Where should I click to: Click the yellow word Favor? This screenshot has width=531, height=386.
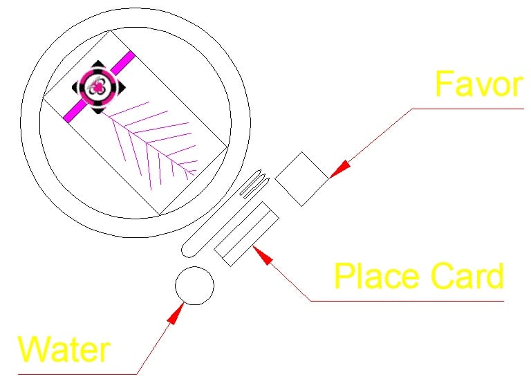(479, 84)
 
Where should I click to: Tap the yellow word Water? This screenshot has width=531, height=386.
(64, 349)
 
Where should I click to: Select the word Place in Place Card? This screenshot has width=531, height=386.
(378, 276)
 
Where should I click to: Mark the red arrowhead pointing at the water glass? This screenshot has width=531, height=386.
(176, 313)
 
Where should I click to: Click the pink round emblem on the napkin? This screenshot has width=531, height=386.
(98, 87)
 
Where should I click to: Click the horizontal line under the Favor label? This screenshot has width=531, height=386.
(467, 109)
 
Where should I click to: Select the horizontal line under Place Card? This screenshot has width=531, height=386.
(407, 301)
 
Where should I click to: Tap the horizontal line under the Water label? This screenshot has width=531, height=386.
(77, 374)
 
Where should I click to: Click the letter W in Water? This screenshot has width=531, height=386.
(33, 349)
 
